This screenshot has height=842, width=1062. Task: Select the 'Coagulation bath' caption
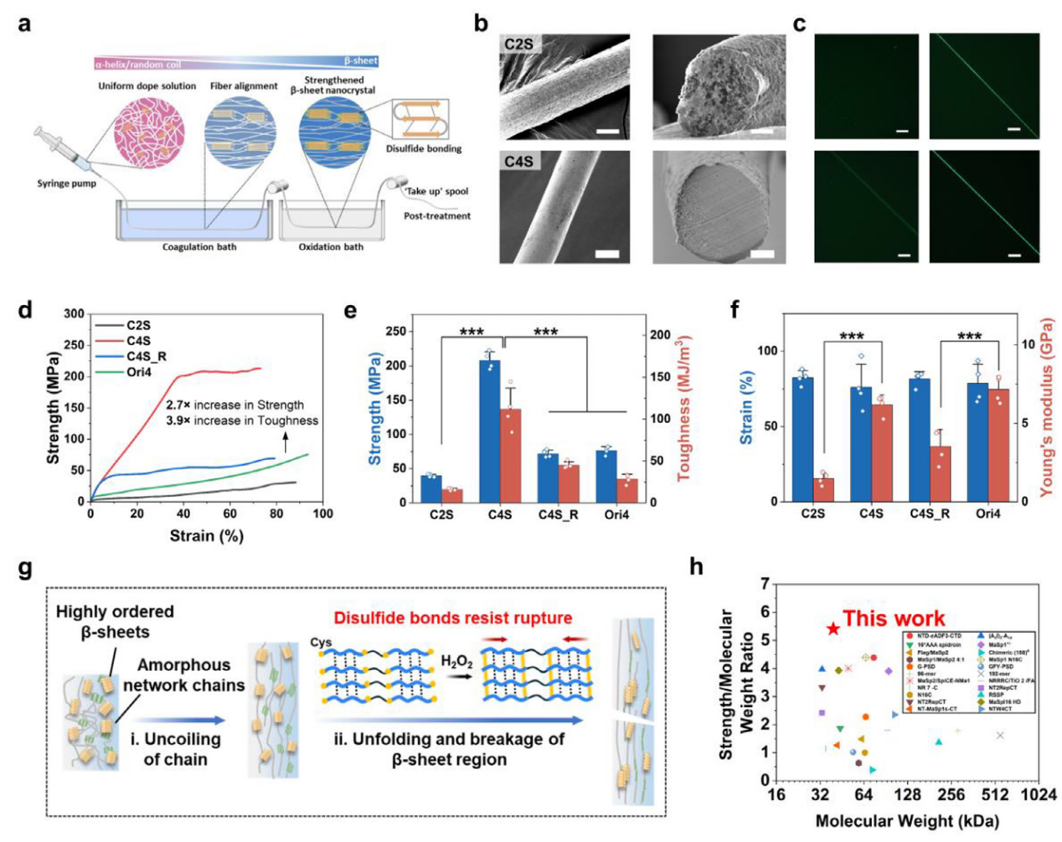tap(199, 247)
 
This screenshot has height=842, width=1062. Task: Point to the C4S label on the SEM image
tap(519, 161)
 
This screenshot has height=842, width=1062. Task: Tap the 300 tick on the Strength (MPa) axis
tap(75, 314)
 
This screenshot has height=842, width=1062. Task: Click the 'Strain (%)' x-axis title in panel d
tap(206, 536)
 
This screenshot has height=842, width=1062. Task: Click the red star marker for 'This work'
tap(833, 628)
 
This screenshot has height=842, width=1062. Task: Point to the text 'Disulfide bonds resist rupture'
tap(452, 618)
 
